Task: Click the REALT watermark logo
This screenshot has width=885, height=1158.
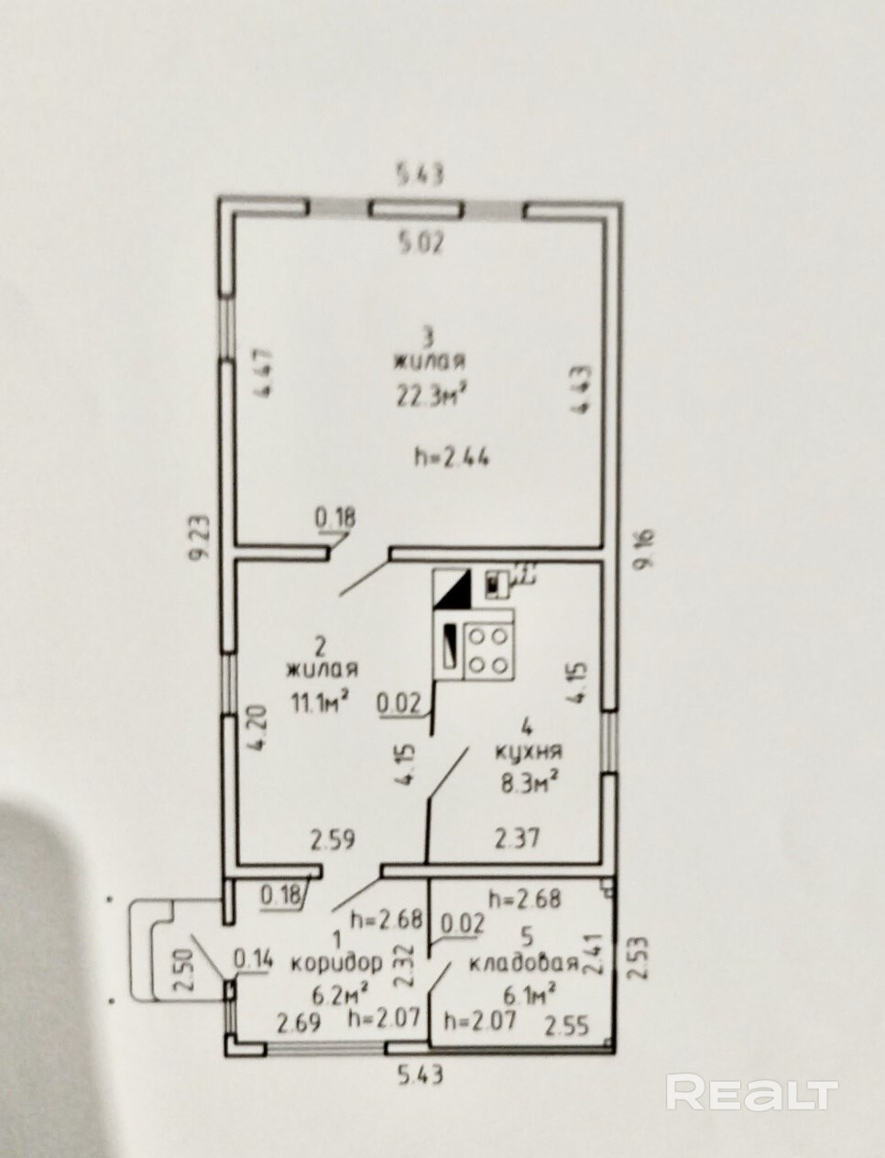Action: (x=751, y=1094)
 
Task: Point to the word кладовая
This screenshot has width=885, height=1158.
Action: (x=523, y=963)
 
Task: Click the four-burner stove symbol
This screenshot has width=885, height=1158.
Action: (x=488, y=650)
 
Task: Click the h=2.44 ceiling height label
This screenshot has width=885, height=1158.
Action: (x=452, y=456)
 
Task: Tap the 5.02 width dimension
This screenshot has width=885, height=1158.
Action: (x=420, y=244)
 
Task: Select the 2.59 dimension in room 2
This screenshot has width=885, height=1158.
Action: (x=332, y=838)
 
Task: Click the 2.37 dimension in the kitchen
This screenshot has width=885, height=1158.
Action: (x=518, y=838)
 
